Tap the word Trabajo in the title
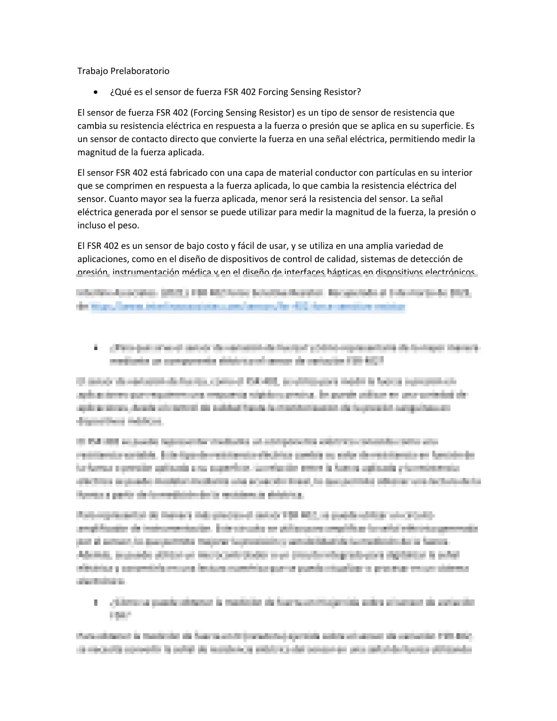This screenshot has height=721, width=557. [93, 71]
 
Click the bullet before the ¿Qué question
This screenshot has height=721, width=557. [95, 92]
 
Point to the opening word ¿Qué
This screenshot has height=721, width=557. [118, 92]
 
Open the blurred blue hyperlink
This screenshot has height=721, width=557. [248, 307]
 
